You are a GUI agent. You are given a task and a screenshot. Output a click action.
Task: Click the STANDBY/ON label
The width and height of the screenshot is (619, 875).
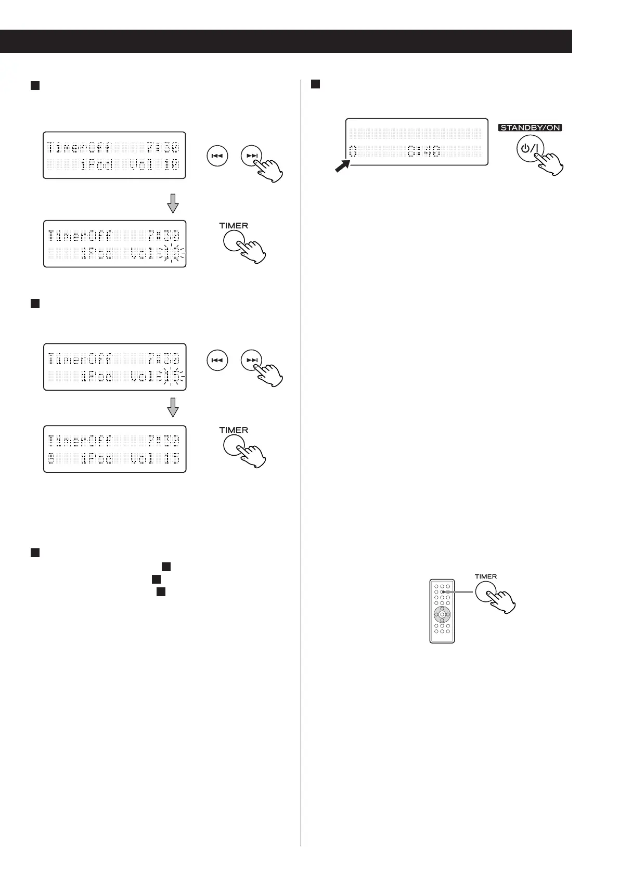click(531, 127)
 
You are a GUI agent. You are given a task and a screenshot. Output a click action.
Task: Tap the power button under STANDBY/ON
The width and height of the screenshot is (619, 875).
click(530, 149)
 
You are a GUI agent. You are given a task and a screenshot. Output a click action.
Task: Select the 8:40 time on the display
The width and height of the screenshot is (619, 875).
click(423, 151)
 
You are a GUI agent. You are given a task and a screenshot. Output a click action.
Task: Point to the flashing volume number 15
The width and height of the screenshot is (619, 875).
click(172, 376)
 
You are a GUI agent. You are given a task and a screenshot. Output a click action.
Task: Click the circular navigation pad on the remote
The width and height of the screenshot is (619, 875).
click(442, 614)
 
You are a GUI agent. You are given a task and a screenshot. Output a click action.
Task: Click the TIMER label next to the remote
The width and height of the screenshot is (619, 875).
click(486, 576)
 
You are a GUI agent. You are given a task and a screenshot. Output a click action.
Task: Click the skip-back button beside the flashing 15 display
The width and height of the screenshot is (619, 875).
click(218, 360)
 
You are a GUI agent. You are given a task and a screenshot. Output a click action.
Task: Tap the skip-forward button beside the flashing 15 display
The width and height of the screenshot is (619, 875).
click(252, 360)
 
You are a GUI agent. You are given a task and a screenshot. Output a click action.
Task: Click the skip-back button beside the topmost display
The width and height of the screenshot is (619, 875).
click(218, 156)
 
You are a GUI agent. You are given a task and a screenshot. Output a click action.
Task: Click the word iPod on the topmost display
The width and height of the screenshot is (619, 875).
click(97, 165)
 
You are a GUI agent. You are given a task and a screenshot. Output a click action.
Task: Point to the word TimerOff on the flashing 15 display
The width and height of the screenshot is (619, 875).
click(80, 359)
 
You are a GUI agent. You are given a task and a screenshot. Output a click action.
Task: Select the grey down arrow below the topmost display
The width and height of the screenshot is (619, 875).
click(173, 203)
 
